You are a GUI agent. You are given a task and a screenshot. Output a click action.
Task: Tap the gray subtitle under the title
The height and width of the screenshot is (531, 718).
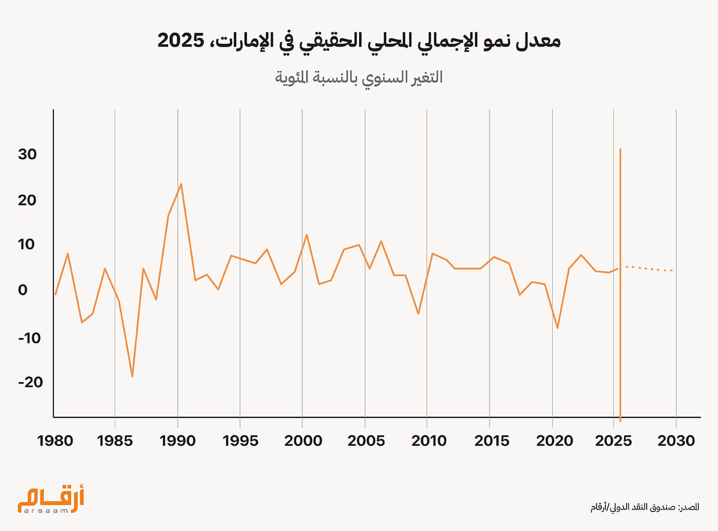click(358, 78)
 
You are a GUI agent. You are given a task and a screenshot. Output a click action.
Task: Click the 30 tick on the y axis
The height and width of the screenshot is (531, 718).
click(28, 154)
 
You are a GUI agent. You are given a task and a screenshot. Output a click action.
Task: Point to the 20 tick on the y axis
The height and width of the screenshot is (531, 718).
click(28, 200)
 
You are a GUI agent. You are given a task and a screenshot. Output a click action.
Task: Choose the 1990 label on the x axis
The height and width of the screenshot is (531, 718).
click(178, 441)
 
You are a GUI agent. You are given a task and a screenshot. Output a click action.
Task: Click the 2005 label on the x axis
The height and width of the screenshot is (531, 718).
click(364, 441)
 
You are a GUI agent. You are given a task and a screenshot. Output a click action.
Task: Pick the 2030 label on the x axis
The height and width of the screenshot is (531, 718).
click(676, 441)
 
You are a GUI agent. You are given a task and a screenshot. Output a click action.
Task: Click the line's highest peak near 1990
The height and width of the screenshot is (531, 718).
click(181, 184)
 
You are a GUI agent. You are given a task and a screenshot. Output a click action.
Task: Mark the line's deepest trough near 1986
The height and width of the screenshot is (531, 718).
click(132, 376)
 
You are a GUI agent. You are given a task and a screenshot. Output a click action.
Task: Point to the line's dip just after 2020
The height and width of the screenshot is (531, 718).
click(558, 328)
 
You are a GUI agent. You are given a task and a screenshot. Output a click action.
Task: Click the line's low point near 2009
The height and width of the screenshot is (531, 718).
click(418, 313)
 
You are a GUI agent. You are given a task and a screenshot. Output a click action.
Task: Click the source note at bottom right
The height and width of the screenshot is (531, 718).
click(644, 507)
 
